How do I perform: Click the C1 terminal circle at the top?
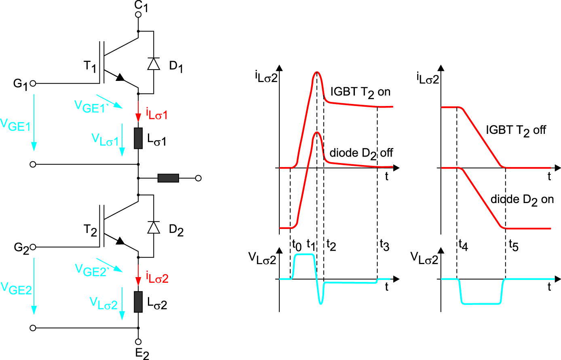click(138, 15)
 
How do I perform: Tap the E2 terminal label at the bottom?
click(142, 354)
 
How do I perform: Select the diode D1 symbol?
click(154, 64)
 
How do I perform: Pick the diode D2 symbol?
click(154, 227)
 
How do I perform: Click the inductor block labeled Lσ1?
click(138, 138)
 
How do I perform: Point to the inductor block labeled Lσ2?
click(138, 302)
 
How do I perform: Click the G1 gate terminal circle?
click(33, 83)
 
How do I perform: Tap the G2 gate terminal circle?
click(33, 247)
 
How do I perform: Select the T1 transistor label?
click(90, 66)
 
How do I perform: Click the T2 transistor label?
click(90, 230)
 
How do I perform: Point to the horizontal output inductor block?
click(168, 178)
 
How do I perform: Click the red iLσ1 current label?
click(156, 114)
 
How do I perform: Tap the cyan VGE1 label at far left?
click(15, 125)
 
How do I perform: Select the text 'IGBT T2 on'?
click(361, 92)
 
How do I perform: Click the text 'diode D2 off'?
click(361, 153)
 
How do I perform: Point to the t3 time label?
click(384, 245)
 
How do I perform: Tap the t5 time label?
click(513, 245)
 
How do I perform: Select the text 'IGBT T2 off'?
click(516, 130)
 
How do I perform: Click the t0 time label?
click(296, 245)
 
